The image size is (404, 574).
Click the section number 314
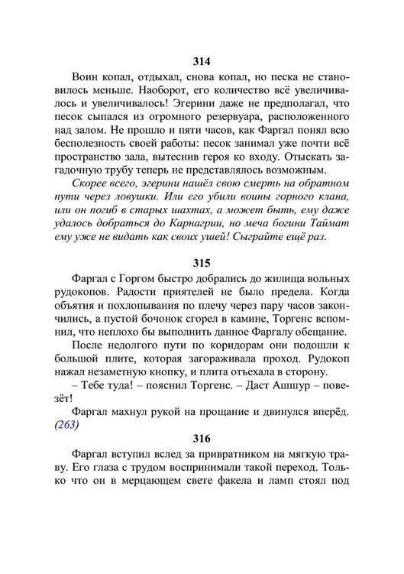coord(202,61)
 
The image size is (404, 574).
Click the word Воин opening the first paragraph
coord(86,79)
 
